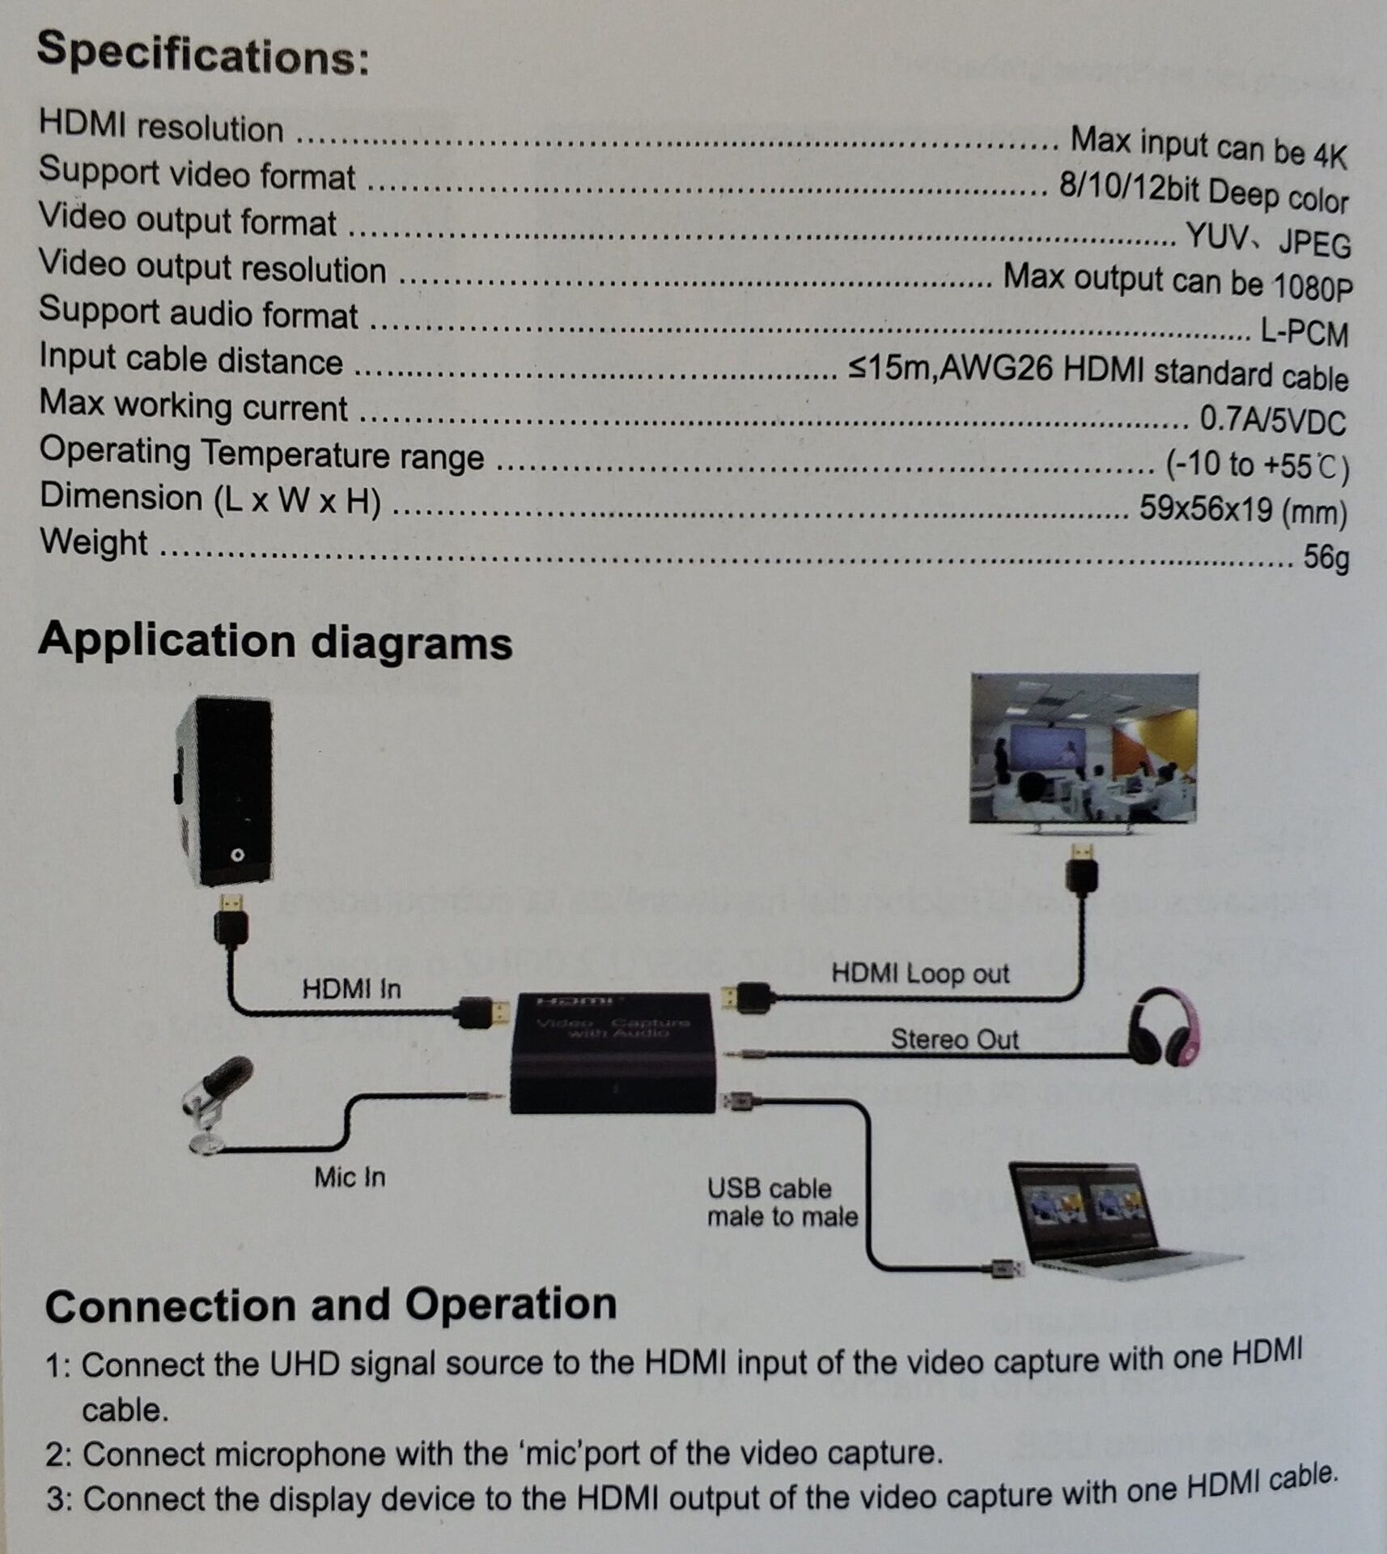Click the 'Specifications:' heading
[202, 53]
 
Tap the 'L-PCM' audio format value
[1304, 332]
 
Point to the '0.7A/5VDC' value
[1272, 420]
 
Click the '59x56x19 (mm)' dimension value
[1242, 510]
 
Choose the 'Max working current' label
[193, 405]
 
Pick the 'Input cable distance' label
[191, 359]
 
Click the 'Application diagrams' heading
[275, 641]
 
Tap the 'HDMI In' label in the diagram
[351, 988]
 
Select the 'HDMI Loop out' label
[920, 973]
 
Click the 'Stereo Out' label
[954, 1038]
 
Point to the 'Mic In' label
[350, 1177]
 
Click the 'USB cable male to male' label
[781, 1203]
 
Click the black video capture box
[613, 1053]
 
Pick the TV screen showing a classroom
[1084, 749]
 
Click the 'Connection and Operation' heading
[331, 1306]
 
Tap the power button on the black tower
[237, 855]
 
